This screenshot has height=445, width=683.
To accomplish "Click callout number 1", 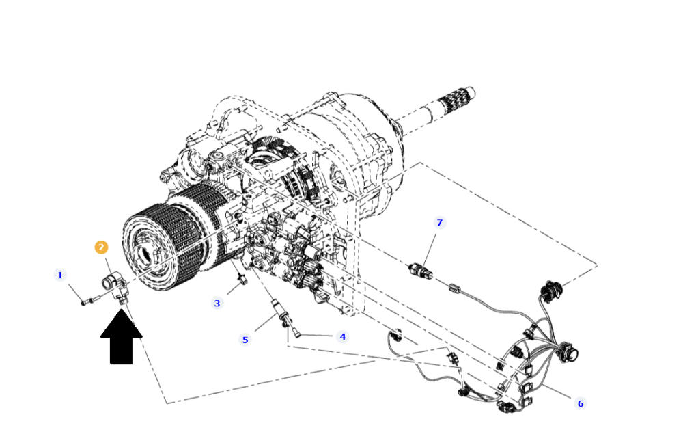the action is click(x=60, y=275).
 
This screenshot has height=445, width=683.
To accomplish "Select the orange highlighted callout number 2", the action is click(x=101, y=247).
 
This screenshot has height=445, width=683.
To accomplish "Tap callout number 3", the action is click(x=217, y=304).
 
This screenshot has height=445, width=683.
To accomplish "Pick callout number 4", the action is click(x=342, y=337).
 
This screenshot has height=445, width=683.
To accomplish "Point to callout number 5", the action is click(x=245, y=340).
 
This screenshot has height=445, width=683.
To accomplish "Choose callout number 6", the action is click(x=580, y=403).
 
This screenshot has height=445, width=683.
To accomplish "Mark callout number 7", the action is click(x=439, y=223).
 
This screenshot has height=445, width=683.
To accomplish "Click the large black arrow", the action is click(x=121, y=336).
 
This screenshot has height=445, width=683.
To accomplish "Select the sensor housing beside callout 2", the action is click(x=115, y=286).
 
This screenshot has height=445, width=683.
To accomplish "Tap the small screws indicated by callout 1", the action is click(x=91, y=300).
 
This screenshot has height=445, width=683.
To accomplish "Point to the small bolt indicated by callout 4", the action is click(x=295, y=332).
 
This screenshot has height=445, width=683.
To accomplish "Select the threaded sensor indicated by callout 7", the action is click(x=420, y=270).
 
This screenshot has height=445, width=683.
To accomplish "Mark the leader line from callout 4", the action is click(x=317, y=336).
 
